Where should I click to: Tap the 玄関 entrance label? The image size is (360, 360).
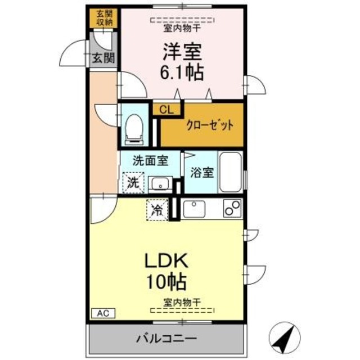(103, 57)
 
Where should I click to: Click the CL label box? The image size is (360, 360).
(166, 110)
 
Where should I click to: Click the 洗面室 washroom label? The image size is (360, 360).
(150, 160)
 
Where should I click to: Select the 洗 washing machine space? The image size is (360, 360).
(133, 182)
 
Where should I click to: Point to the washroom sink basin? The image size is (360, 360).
(160, 183)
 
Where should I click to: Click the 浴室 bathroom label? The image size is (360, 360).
(200, 173)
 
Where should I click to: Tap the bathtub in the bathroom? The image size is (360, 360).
(231, 172)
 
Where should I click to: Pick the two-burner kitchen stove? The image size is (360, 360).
(231, 209)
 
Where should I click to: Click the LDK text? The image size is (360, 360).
(166, 260)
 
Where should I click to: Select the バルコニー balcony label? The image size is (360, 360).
(166, 339)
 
